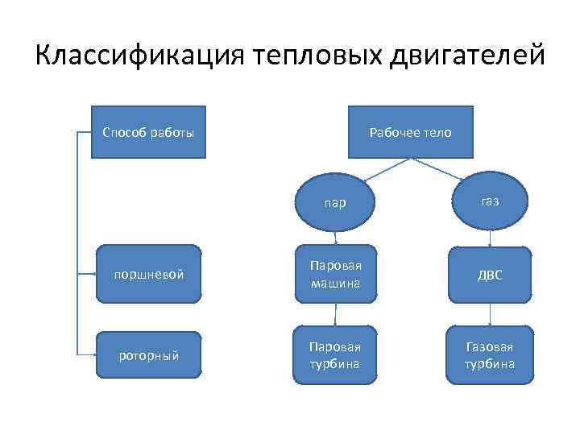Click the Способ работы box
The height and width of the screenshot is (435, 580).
[x=148, y=131]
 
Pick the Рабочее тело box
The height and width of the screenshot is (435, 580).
[x=410, y=131]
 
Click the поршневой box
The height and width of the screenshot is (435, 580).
[x=148, y=274]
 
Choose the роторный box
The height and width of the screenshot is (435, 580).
[x=148, y=354]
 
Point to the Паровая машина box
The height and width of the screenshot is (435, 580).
[x=335, y=274]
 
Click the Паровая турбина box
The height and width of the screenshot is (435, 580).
[x=335, y=354]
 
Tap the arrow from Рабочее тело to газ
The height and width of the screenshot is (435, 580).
[x=441, y=169]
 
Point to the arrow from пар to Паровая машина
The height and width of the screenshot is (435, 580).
[x=336, y=234]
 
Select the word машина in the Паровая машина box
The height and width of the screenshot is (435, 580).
[x=335, y=284]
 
